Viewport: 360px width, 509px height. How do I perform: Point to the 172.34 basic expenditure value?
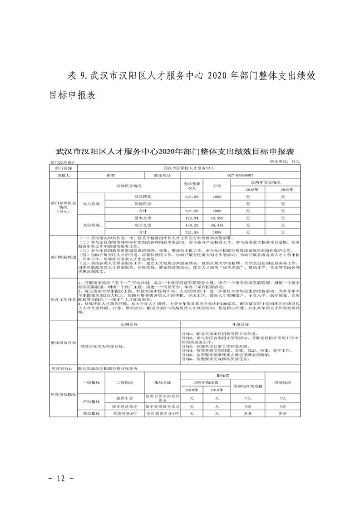click(192, 218)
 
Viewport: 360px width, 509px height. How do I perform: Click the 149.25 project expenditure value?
click(192, 225)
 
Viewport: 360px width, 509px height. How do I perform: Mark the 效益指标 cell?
click(90, 414)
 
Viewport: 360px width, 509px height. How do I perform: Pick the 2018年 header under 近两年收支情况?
click(248, 189)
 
